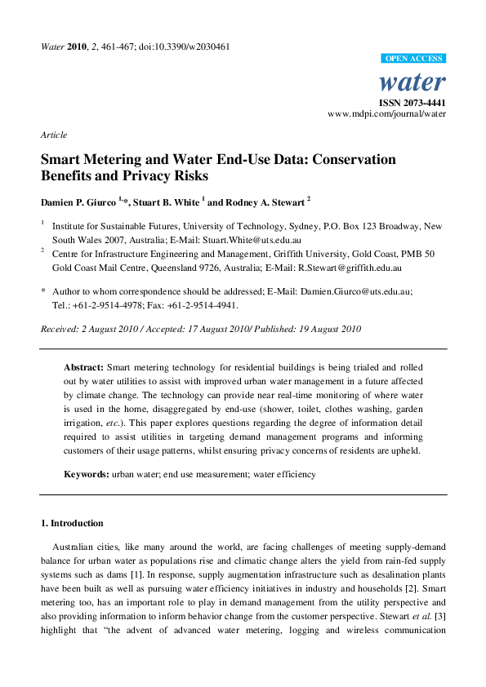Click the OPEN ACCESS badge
coord(414,59)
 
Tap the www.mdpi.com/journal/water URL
coord(386,115)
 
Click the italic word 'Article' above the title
coord(54,135)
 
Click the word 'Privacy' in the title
coord(161,175)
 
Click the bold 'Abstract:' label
coord(85,368)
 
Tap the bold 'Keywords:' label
coord(87,474)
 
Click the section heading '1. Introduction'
coord(72,523)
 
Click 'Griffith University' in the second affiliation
coord(328,254)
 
